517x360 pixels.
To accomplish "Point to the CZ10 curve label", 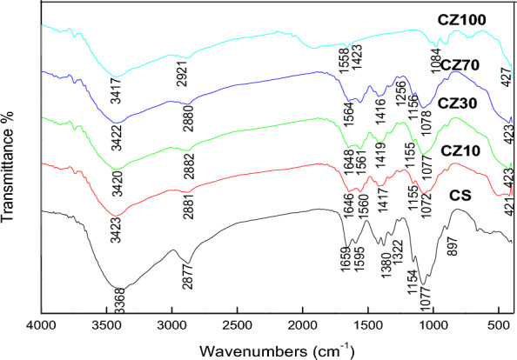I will (x=460, y=151).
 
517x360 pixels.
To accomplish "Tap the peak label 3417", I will (x=116, y=90).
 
